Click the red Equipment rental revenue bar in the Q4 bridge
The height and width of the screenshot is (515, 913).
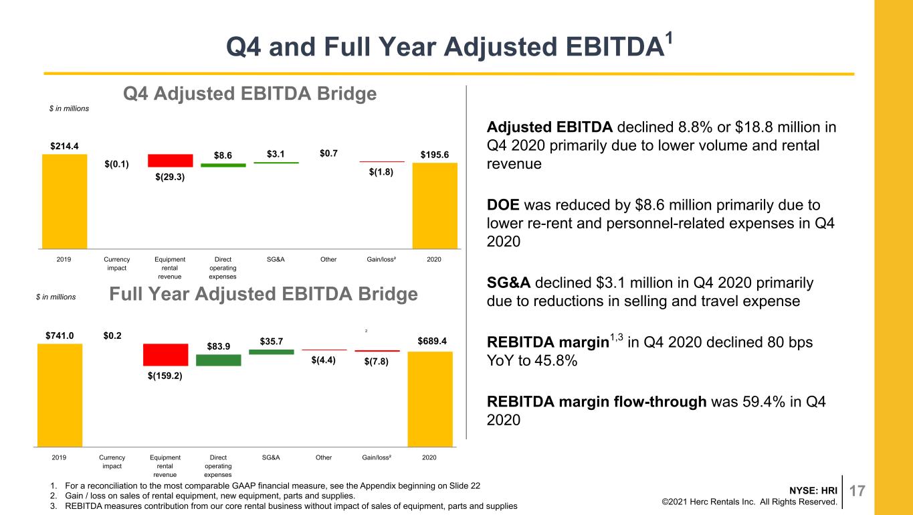(170, 160)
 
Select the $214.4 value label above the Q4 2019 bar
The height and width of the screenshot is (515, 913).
(64, 146)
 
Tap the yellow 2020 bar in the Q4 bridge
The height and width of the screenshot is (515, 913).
(435, 206)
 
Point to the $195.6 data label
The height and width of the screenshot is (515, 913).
(435, 155)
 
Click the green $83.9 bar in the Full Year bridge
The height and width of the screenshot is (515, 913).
(219, 360)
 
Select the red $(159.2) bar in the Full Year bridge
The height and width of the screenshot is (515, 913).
(165, 355)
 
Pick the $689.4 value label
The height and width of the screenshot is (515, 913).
(432, 341)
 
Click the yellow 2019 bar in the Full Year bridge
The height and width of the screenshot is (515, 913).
(60, 395)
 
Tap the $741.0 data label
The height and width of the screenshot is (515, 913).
(60, 336)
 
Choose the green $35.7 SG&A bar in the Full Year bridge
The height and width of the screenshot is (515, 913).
(272, 352)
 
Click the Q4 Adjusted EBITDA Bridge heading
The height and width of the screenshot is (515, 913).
(250, 94)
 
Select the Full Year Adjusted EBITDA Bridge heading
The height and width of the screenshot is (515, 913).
(264, 294)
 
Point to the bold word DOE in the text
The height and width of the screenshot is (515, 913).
(503, 205)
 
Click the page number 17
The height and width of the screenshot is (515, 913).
(857, 491)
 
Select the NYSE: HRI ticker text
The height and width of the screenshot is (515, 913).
(813, 490)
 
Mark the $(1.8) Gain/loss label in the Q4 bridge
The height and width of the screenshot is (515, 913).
(381, 172)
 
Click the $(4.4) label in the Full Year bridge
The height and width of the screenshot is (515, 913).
(323, 360)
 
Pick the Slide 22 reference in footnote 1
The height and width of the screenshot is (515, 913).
(465, 486)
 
